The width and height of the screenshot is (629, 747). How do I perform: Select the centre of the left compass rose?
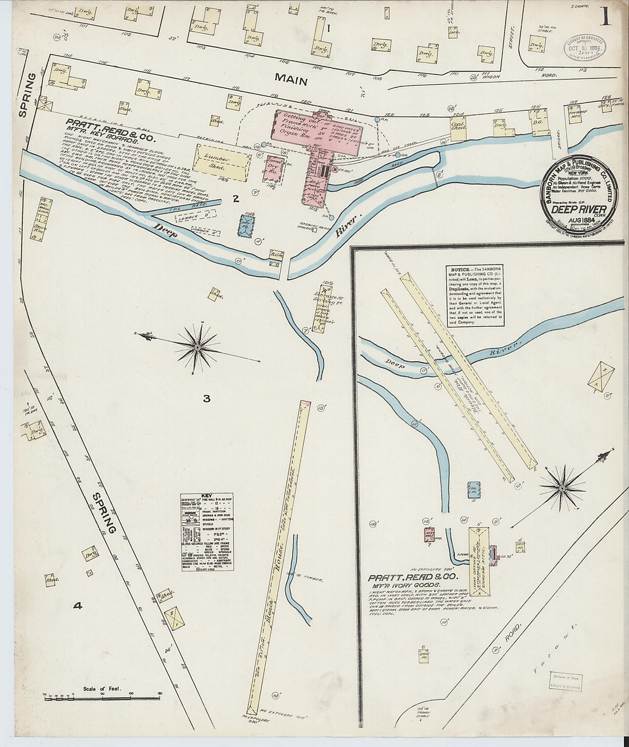(197, 347)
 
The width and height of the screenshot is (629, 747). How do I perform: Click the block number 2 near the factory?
(235, 199)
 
